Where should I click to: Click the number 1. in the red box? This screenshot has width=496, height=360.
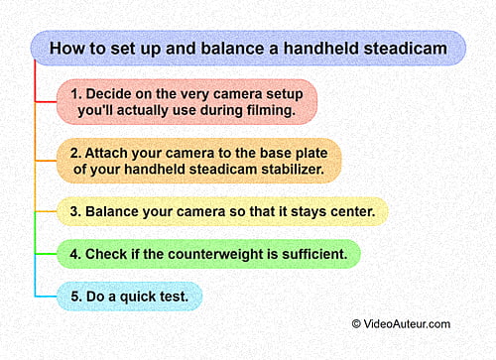[76, 93]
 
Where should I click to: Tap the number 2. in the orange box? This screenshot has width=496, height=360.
[77, 153]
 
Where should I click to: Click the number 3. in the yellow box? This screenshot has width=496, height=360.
[76, 211]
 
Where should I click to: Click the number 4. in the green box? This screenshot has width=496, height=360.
[76, 254]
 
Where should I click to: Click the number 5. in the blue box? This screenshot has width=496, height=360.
[76, 296]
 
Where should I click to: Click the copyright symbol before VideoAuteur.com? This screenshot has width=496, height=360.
[357, 323]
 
